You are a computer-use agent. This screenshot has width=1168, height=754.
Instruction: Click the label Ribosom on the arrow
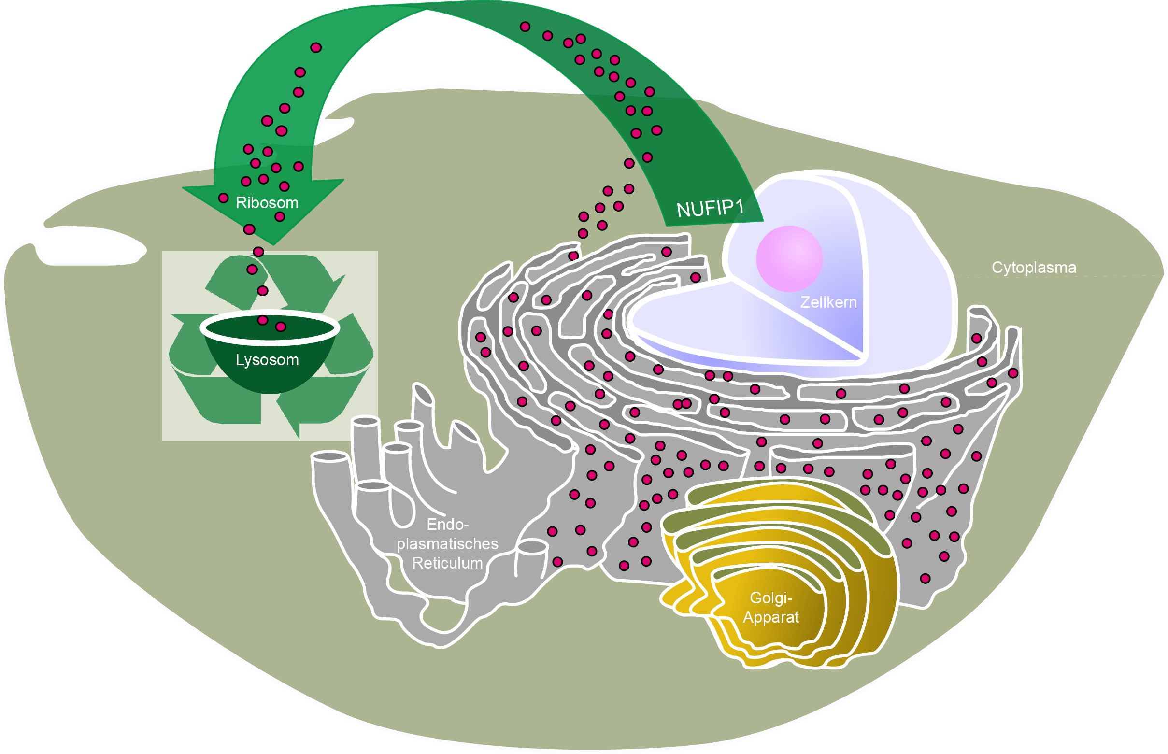click(x=267, y=203)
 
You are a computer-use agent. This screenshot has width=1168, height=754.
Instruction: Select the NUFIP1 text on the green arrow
click(x=710, y=209)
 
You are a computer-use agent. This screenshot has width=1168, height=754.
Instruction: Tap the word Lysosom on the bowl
click(x=267, y=360)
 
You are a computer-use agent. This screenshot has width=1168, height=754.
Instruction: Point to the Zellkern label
click(x=828, y=302)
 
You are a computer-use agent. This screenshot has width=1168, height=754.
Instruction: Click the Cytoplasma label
click(x=1033, y=267)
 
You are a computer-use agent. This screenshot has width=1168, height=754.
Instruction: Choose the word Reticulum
click(x=447, y=563)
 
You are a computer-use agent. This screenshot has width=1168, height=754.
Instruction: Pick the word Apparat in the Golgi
click(x=770, y=617)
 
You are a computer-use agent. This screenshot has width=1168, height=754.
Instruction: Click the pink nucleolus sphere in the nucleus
click(x=789, y=258)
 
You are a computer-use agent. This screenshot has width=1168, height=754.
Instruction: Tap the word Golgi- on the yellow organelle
click(x=770, y=598)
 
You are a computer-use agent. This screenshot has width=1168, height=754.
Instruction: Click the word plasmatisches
click(x=447, y=544)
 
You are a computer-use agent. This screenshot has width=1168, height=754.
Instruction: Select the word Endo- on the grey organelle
click(x=447, y=525)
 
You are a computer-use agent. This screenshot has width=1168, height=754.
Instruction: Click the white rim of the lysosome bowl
click(x=270, y=338)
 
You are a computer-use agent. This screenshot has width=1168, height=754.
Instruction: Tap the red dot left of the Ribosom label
click(x=223, y=199)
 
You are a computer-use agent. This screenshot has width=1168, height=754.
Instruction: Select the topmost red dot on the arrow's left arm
click(x=316, y=47)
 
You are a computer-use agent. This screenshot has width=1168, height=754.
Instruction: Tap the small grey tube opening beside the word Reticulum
click(x=532, y=547)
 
